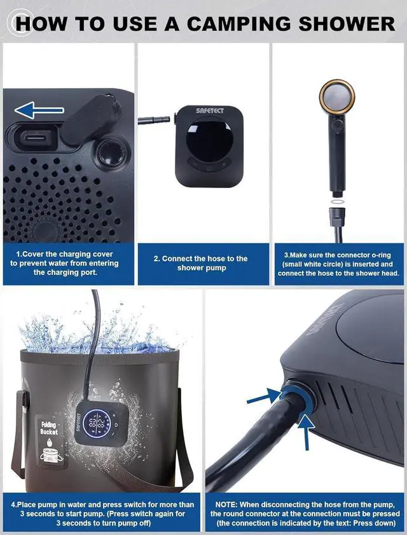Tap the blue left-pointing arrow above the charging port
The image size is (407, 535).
tap(34, 112)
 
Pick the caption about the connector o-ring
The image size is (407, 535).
tap(339, 263)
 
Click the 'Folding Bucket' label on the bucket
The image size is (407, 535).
tap(49, 428)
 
